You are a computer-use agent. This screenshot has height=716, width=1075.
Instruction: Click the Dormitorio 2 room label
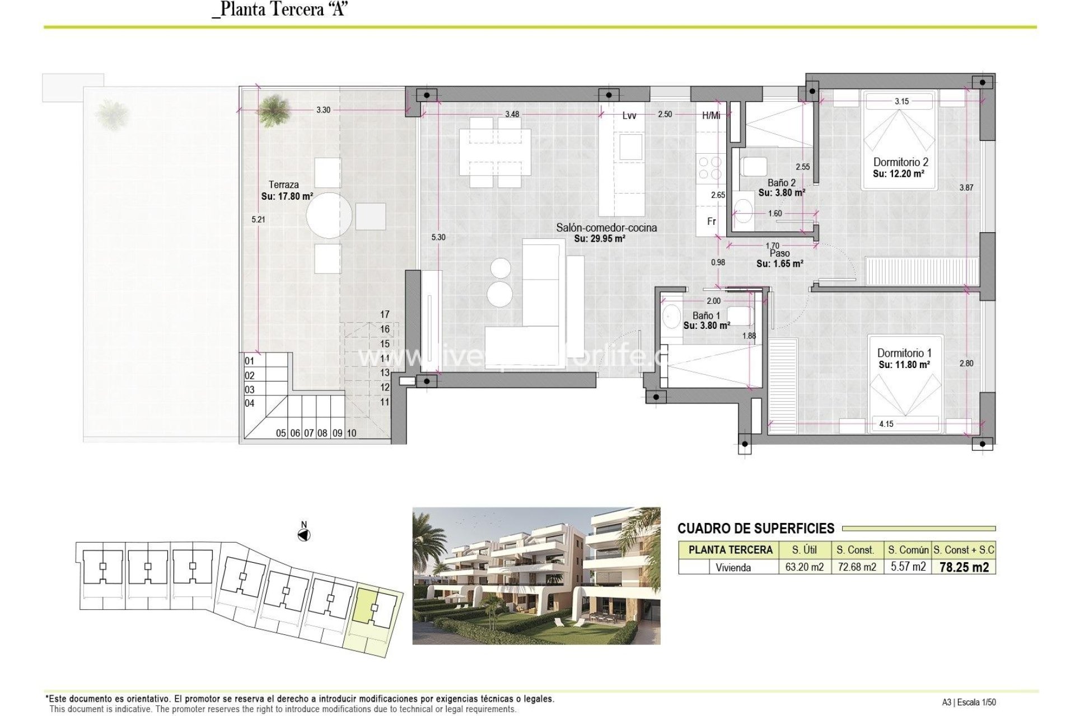point(900,162)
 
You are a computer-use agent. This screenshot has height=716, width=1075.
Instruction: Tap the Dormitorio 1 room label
point(904,353)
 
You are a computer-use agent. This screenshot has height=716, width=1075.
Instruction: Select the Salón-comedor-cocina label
point(606,228)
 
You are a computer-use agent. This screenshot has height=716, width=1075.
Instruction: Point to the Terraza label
point(283,185)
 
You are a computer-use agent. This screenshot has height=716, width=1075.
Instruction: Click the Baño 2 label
point(781,183)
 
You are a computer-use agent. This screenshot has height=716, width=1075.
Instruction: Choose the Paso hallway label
point(779,253)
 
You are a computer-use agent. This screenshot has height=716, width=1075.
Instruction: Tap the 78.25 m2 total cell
point(964,567)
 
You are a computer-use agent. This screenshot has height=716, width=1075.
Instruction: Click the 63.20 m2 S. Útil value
point(804,567)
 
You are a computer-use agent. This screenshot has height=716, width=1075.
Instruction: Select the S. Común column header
point(908,550)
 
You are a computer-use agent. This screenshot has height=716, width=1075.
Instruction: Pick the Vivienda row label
point(733,568)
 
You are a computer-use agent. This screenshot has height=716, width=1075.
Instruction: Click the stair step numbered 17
point(385,314)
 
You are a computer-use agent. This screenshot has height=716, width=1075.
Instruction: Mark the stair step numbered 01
point(250,361)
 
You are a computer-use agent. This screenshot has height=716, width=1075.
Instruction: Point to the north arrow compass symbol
point(303,535)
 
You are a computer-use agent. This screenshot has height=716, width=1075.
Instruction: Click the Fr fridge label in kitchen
point(711,222)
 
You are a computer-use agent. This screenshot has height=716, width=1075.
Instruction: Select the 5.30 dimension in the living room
point(438,237)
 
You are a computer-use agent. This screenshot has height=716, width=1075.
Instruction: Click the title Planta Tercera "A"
point(280,9)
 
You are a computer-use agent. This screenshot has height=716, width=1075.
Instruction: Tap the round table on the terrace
point(329,215)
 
